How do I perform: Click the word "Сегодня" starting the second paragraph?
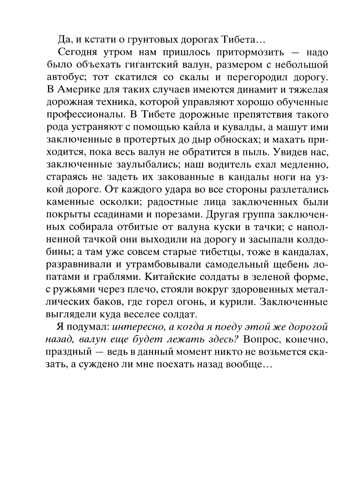coord(76,52)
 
